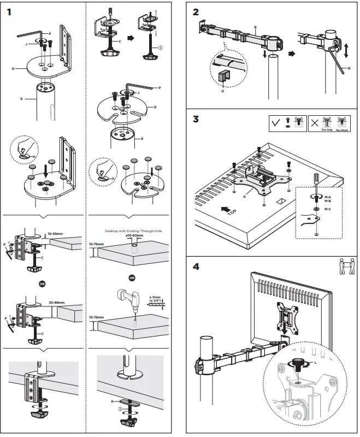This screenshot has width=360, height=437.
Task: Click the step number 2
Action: [x=196, y=11]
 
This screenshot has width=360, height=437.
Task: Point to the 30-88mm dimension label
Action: [x=57, y=300]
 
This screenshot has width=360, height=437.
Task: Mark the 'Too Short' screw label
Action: [x=343, y=131]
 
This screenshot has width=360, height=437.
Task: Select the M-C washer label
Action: [x=328, y=208]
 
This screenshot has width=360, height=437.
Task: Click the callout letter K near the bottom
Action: [x=114, y=401]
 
